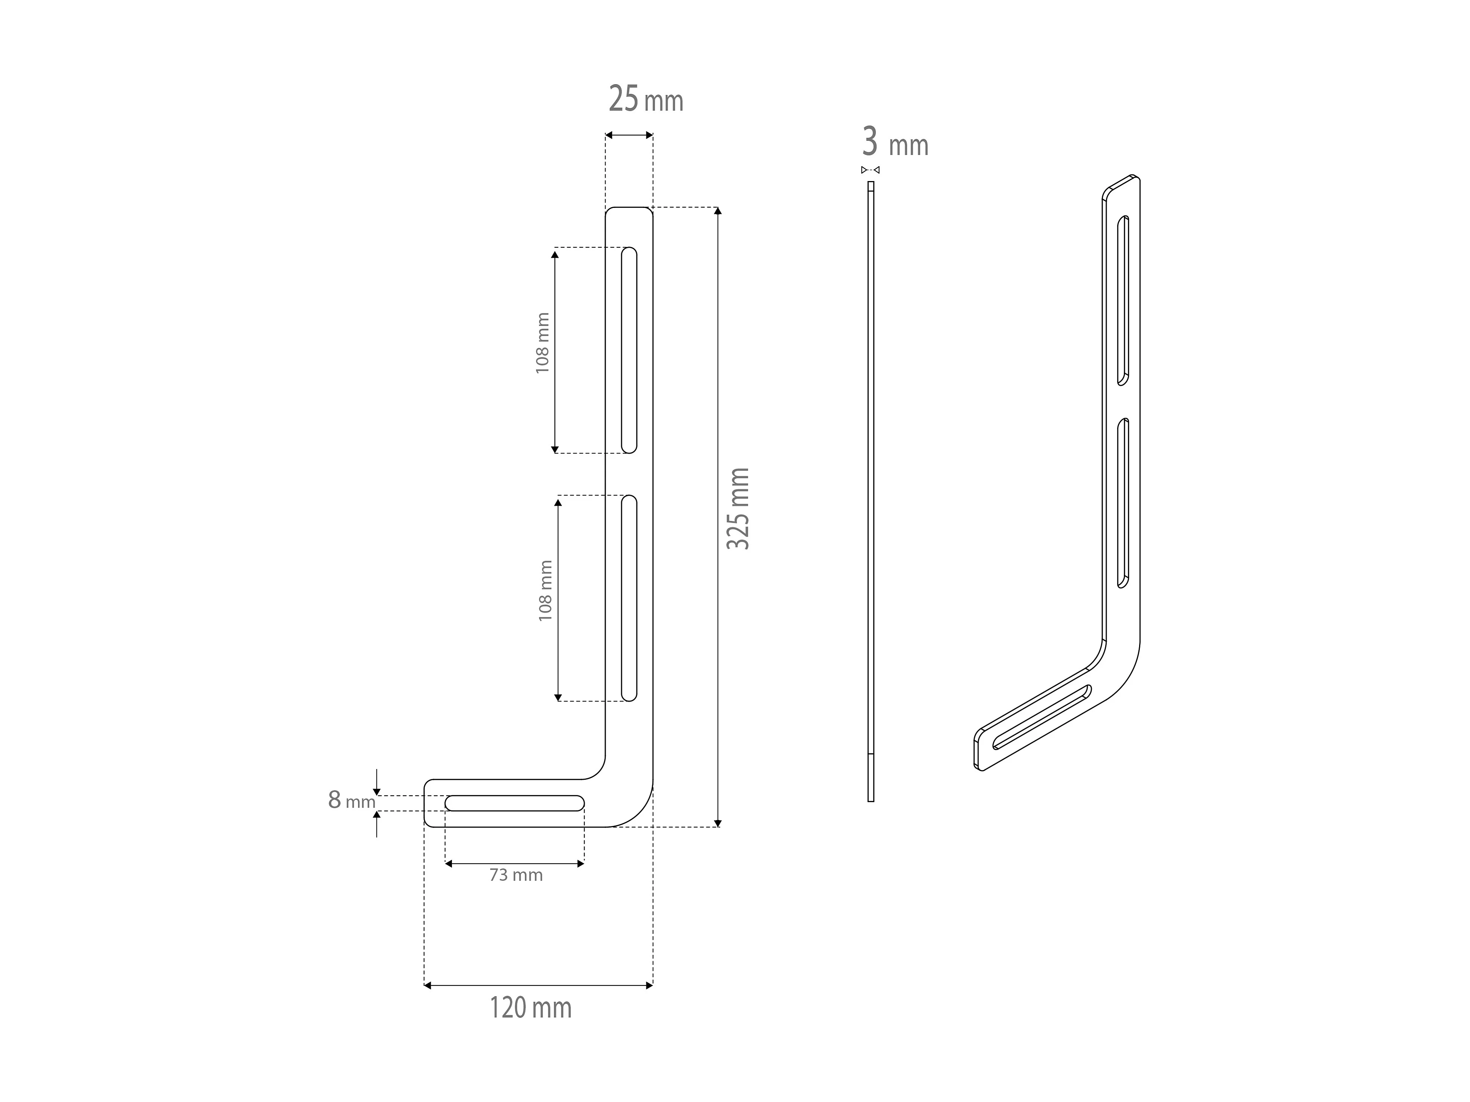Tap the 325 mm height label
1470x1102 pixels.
[x=738, y=509]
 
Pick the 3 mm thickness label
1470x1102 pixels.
[x=895, y=143]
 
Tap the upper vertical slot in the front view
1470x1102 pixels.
[x=629, y=350]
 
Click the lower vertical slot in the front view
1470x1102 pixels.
[x=629, y=598]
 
